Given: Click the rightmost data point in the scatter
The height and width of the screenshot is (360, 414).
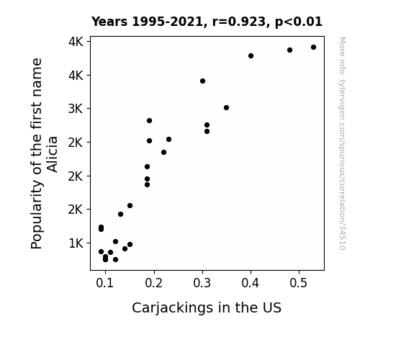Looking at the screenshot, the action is point(313,48).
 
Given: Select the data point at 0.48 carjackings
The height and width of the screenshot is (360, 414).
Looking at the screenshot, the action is point(289,50).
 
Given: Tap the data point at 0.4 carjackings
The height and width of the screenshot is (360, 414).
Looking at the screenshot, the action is point(251,55).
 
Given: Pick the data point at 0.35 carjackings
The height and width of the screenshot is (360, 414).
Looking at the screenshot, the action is point(226,107).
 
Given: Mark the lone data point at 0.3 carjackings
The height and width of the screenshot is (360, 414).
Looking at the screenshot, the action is point(202,81).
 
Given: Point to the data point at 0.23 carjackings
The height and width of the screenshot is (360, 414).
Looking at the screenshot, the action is point(168,139).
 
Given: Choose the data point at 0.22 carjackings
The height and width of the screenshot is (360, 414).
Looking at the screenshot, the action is point(163,152).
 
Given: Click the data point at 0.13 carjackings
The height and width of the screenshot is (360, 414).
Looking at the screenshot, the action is point(120,215).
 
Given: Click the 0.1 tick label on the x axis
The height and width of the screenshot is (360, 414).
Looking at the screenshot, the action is point(105,283).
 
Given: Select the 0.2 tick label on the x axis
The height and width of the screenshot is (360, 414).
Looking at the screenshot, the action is point(153,283).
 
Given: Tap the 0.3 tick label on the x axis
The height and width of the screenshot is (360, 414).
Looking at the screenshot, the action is point(202,283).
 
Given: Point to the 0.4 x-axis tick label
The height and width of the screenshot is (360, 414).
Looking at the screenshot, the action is point(251,283).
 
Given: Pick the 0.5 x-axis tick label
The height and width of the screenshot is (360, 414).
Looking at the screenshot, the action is point(299,283).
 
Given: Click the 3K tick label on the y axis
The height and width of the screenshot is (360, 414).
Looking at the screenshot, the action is point(76,109).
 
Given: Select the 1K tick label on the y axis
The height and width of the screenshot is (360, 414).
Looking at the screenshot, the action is point(76,243).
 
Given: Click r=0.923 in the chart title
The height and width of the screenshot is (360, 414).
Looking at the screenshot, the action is point(239,22).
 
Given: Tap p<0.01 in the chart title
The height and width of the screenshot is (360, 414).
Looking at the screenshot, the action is point(299,22).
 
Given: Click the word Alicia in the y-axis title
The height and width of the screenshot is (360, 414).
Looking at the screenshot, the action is point(53,154).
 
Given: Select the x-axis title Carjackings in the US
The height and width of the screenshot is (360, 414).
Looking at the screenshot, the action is point(207,307).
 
